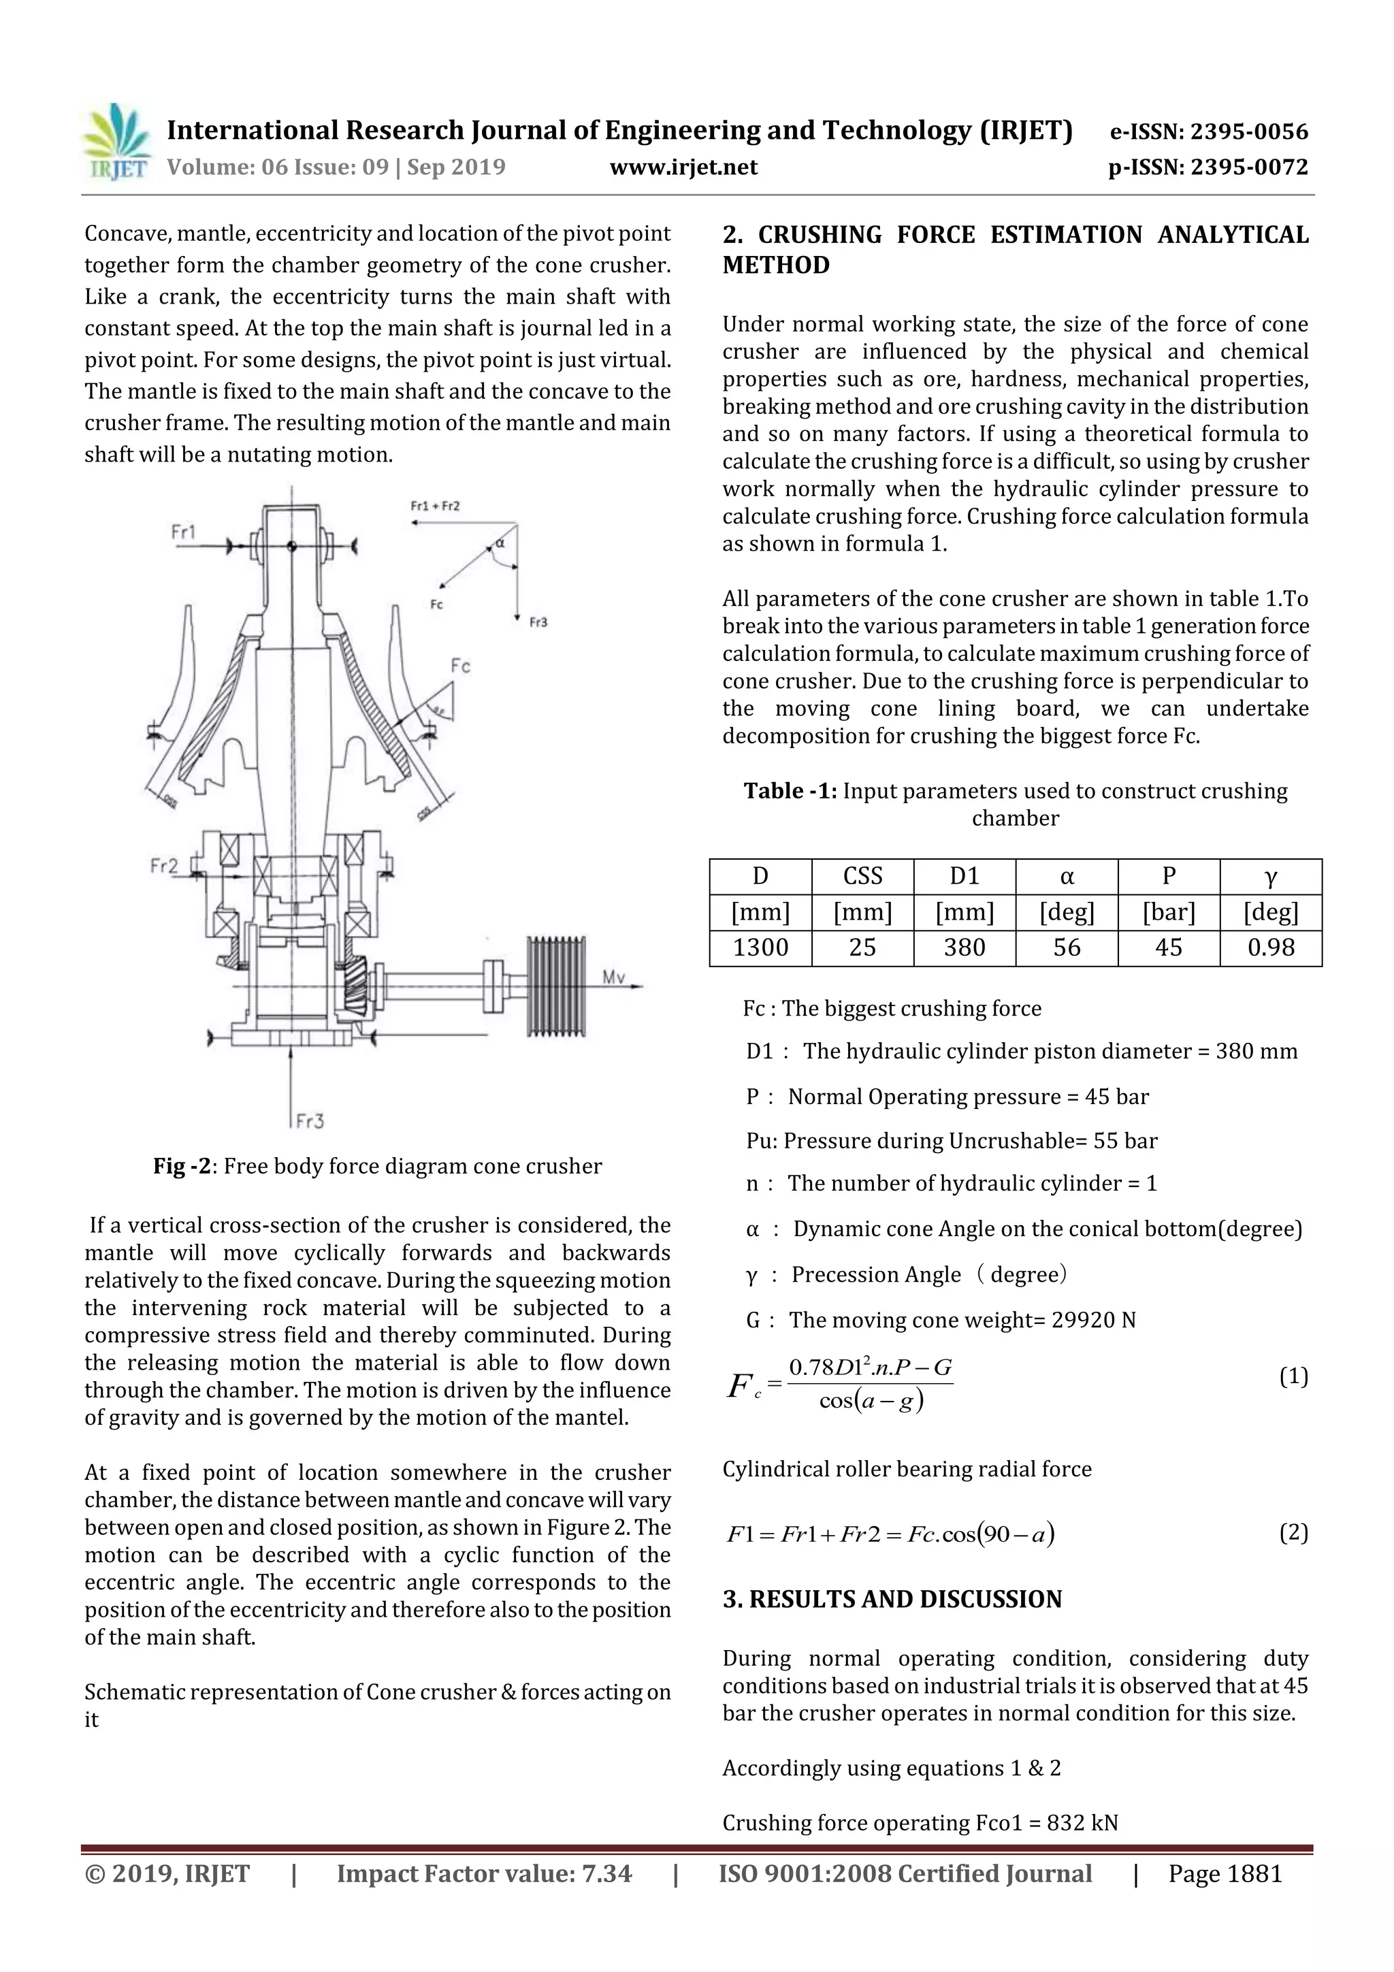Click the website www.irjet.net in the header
[683, 167]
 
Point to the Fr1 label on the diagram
[184, 532]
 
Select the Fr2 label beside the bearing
[164, 865]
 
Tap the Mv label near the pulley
[613, 977]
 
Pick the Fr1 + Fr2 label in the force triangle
[435, 506]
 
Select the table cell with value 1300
[760, 948]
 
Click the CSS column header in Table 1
[862, 876]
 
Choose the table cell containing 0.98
[1270, 948]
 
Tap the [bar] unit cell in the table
[1168, 911]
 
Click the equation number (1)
[1293, 1377]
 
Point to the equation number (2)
[1293, 1532]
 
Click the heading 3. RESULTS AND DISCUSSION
[892, 1599]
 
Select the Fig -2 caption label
[182, 1166]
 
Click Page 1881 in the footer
[1225, 1873]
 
